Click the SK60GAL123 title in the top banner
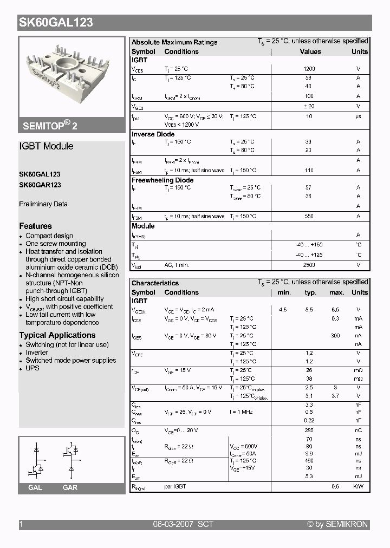(x=56, y=22)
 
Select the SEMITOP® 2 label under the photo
(x=50, y=125)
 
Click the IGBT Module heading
(x=46, y=146)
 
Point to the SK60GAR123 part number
(x=40, y=185)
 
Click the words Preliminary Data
(x=43, y=204)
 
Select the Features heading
(x=36, y=226)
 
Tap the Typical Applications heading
(x=57, y=335)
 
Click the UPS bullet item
(x=32, y=368)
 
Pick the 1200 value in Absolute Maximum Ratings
(x=309, y=69)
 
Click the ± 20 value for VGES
(x=309, y=107)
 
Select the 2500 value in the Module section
(x=309, y=265)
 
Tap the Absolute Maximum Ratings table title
(x=174, y=42)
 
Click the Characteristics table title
(x=155, y=283)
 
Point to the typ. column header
(x=310, y=292)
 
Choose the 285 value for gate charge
(x=309, y=430)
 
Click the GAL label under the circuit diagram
(x=35, y=488)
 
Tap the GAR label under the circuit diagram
(x=70, y=488)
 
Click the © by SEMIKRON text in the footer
(x=337, y=524)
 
